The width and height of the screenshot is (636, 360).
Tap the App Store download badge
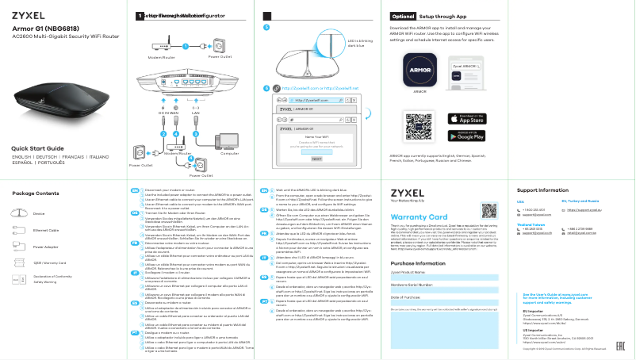tap(471, 118)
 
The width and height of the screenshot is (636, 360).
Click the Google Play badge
tap(471, 135)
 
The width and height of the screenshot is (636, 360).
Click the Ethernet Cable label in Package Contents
tap(47, 230)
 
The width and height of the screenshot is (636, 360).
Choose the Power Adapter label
tap(46, 247)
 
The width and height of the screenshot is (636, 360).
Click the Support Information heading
tap(542, 190)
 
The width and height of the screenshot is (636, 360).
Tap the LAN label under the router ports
tap(195, 114)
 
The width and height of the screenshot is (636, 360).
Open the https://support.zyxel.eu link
tap(593, 211)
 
